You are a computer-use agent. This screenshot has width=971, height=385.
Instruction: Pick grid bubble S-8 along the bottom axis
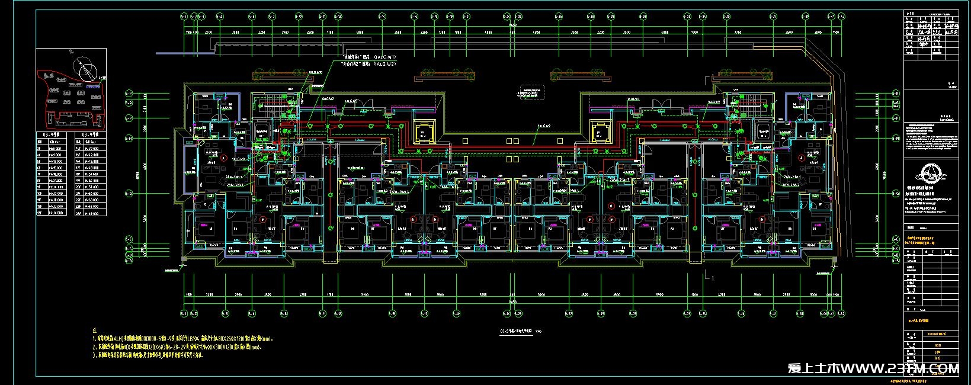tap(284, 313)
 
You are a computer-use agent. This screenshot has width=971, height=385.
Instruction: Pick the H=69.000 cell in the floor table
tap(91, 212)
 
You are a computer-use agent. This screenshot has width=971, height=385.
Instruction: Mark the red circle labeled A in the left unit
tap(223, 158)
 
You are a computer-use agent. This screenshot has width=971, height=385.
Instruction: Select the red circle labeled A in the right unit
tap(801, 158)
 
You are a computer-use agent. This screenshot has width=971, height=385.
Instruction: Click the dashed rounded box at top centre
tap(529, 92)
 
